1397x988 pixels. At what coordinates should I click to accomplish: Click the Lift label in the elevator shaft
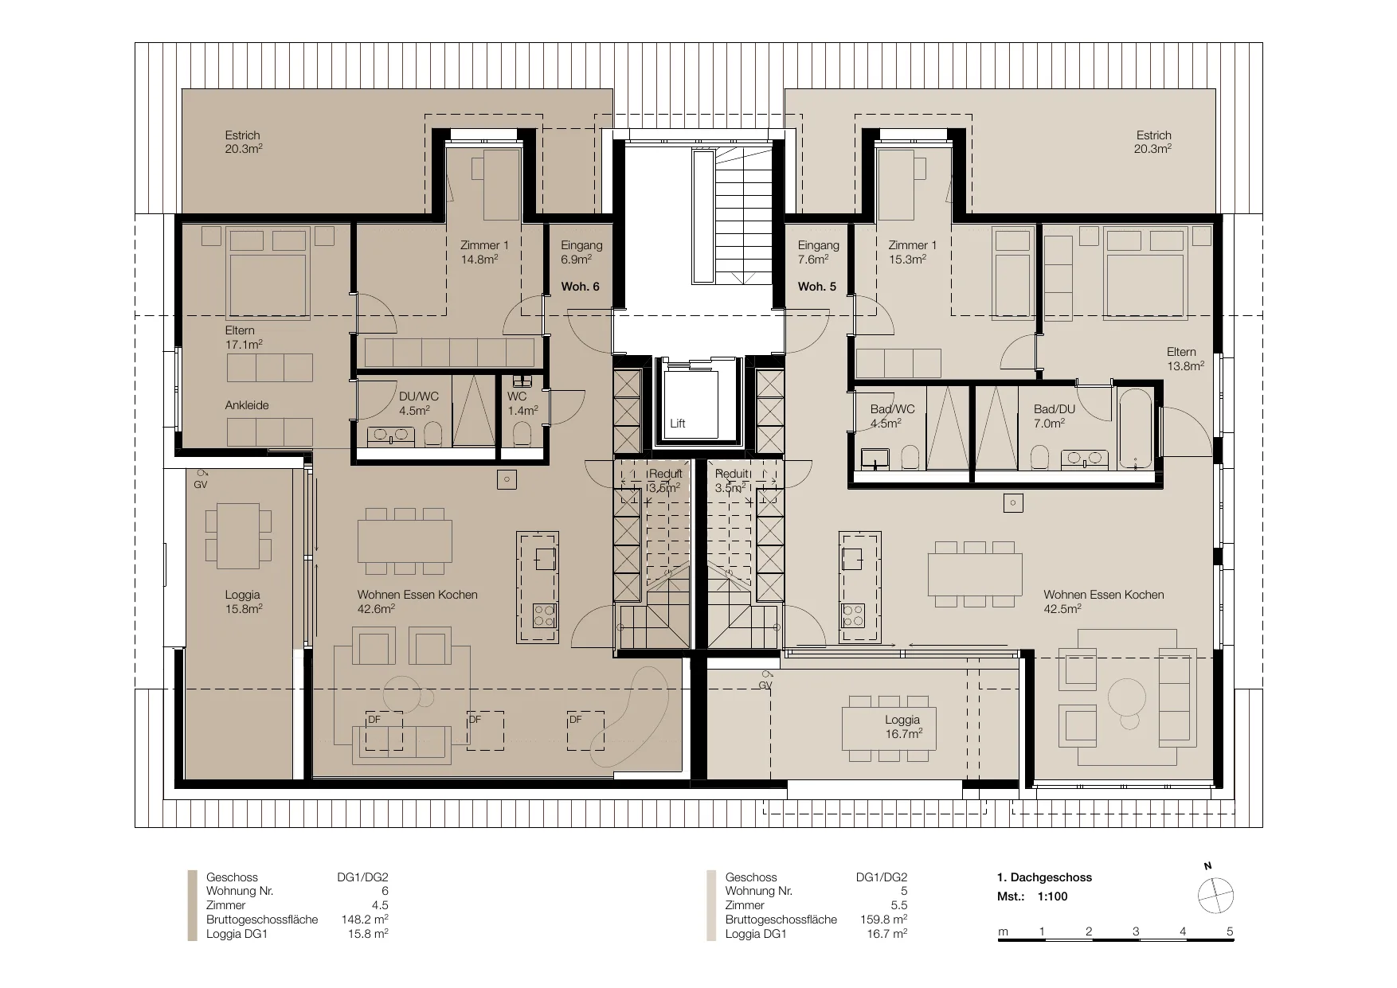678,424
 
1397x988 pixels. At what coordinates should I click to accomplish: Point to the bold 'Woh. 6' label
581,287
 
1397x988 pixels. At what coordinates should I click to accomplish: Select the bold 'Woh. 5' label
817,287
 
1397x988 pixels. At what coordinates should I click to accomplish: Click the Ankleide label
247,405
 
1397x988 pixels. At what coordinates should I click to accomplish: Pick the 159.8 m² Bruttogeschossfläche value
883,920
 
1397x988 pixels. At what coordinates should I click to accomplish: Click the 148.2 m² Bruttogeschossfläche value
365,920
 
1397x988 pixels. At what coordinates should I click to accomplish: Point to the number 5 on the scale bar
1230,931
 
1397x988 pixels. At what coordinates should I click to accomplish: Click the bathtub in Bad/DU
1135,430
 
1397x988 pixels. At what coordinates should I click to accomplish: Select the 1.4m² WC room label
522,404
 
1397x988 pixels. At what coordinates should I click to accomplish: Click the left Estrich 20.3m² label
244,142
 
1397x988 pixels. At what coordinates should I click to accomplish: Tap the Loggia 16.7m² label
902,727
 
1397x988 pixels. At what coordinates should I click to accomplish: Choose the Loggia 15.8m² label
243,602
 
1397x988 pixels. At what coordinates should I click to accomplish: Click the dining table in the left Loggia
238,536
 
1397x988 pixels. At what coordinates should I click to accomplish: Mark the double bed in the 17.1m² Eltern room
268,274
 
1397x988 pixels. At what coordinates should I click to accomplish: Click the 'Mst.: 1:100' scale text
1032,896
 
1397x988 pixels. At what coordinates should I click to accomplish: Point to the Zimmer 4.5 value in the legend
379,905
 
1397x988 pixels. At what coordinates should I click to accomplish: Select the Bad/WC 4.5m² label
892,416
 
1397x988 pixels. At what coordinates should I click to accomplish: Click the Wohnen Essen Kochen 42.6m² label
417,602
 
